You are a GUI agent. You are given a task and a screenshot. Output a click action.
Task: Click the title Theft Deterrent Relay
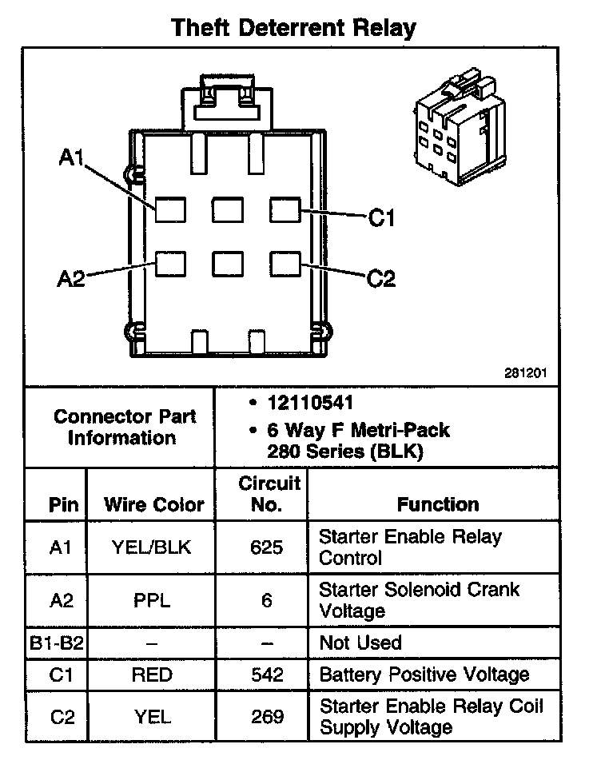294,28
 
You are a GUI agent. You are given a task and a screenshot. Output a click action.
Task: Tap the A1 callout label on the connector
72,158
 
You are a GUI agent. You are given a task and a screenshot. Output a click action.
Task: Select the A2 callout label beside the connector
71,279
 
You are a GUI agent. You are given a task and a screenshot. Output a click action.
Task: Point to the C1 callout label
381,217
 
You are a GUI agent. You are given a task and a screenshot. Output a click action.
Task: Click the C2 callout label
381,278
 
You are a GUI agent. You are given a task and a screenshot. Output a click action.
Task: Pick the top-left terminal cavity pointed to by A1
170,209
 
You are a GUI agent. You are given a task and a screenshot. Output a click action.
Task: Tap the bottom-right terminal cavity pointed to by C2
285,263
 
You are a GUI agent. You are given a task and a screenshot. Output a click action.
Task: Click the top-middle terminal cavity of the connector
228,209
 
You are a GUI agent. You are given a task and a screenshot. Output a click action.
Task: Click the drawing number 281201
531,372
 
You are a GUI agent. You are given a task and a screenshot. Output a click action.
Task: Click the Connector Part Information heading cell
121,427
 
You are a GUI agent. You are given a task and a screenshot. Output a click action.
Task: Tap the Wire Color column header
153,505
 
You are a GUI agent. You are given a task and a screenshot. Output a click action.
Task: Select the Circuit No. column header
269,494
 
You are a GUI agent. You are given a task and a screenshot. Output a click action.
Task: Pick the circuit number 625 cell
267,547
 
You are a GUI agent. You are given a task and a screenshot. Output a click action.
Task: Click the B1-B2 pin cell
58,643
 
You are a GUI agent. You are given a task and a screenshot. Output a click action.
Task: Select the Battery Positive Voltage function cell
424,674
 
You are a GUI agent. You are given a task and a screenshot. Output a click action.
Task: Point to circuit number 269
267,717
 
